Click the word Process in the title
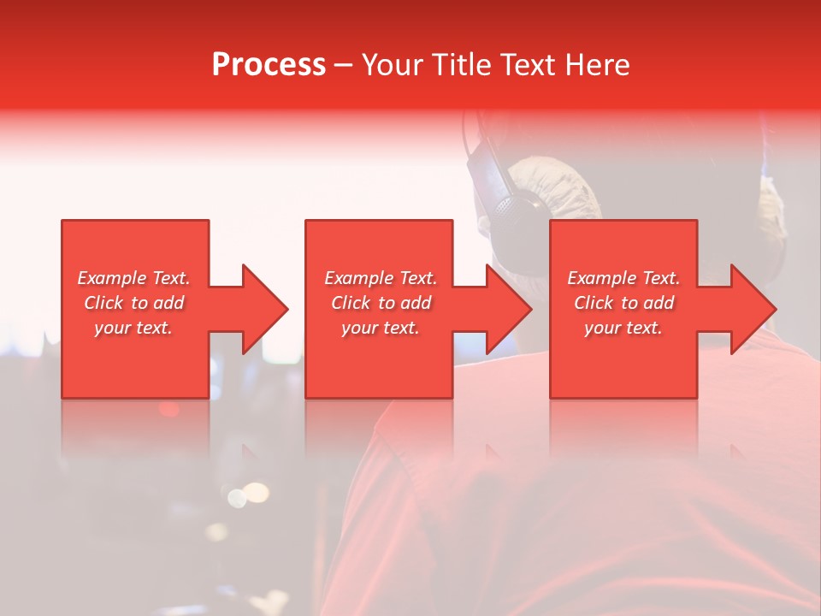tap(269, 65)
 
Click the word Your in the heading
tap(394, 65)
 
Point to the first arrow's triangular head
tap(265, 309)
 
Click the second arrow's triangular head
tap(509, 309)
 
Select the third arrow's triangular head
tap(753, 309)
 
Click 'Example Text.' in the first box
tap(134, 278)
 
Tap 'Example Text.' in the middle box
tap(381, 278)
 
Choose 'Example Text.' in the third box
tap(623, 278)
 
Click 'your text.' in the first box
tap(133, 328)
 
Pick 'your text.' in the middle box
tap(381, 328)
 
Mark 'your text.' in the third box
tap(623, 328)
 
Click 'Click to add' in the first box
tap(134, 303)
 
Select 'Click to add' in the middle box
tap(381, 303)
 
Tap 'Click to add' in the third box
tap(623, 303)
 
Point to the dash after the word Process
tap(344, 66)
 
